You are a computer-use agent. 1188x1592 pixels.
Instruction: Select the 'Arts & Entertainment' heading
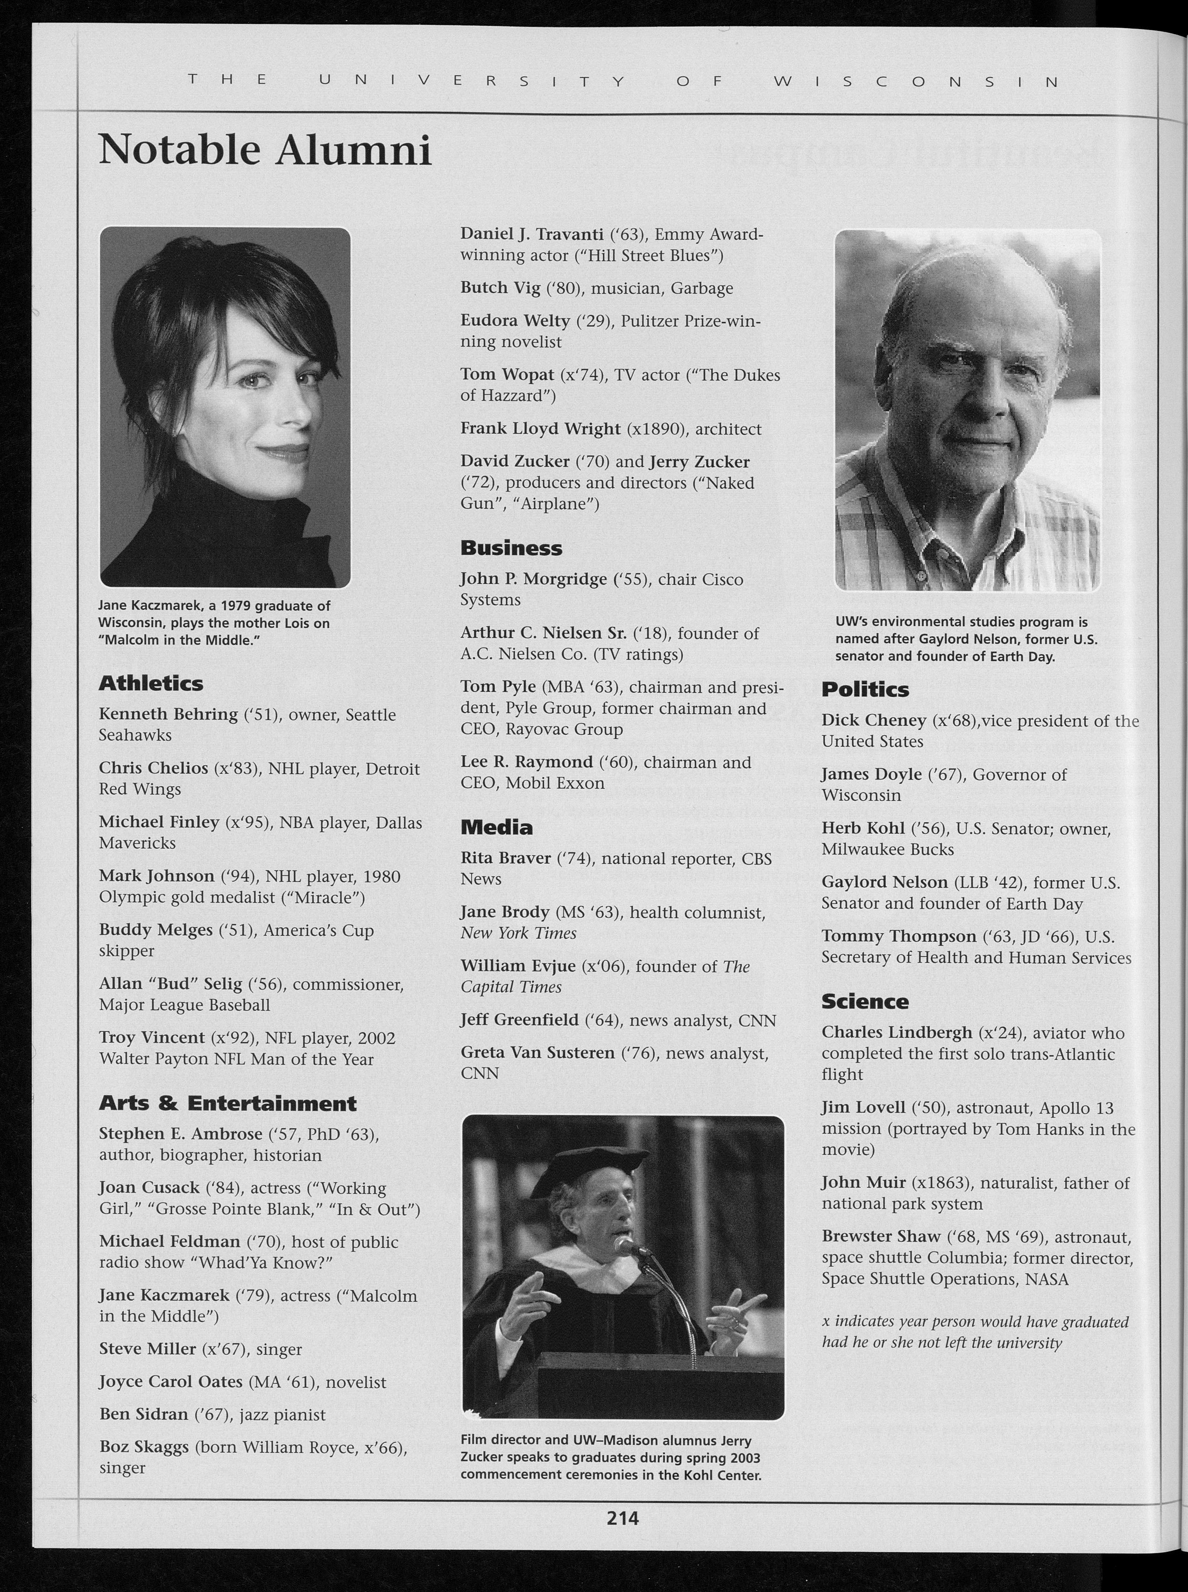pos(227,1103)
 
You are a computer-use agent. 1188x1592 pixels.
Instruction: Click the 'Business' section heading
pos(511,547)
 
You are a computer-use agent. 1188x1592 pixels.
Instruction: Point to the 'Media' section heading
pos(496,827)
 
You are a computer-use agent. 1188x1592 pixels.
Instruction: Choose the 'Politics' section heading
pos(865,689)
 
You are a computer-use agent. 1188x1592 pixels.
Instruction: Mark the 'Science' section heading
pos(865,1002)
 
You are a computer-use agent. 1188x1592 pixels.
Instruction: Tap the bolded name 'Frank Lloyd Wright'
pos(540,429)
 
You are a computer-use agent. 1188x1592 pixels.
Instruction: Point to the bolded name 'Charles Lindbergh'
pos(897,1032)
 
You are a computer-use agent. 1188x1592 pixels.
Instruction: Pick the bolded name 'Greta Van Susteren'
pos(537,1053)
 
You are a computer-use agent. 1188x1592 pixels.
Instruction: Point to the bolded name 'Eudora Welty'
pos(515,321)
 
